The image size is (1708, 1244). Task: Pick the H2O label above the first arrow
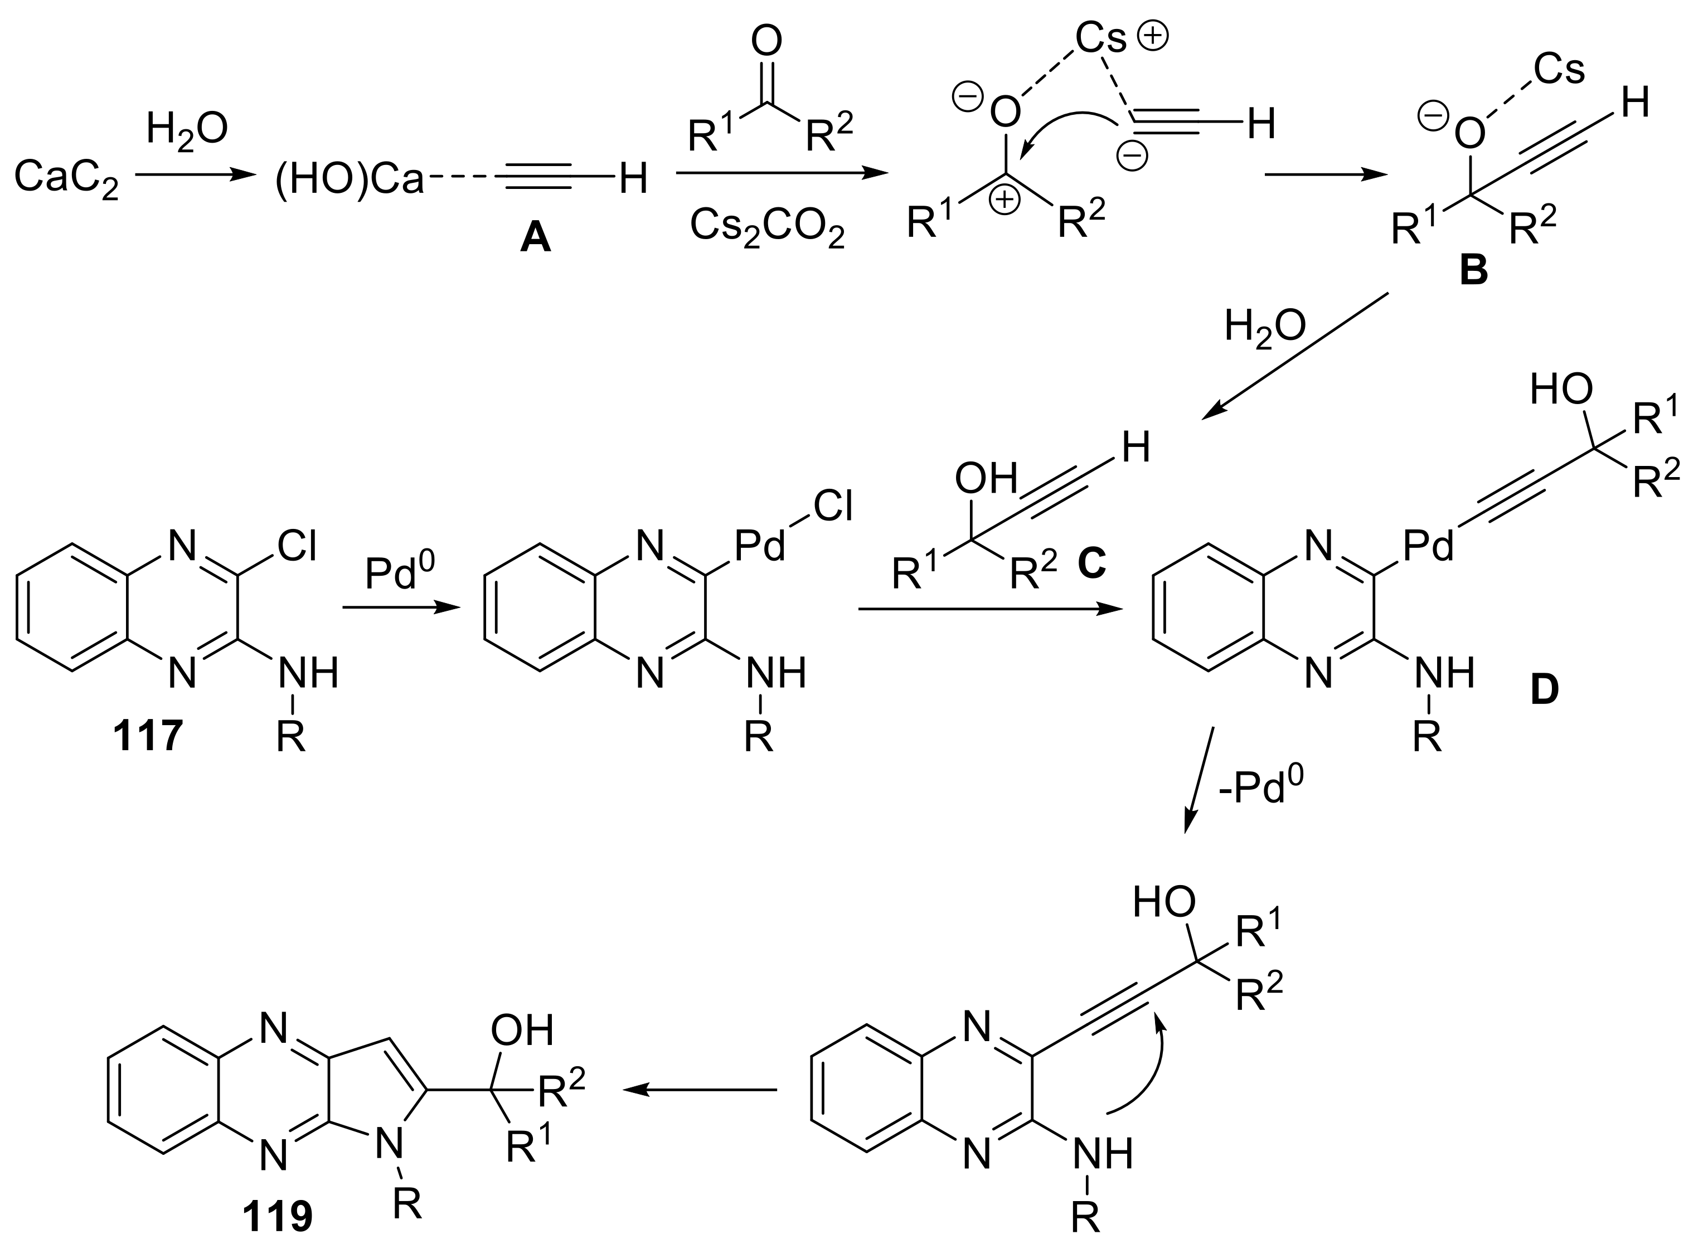pyautogui.click(x=187, y=128)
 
